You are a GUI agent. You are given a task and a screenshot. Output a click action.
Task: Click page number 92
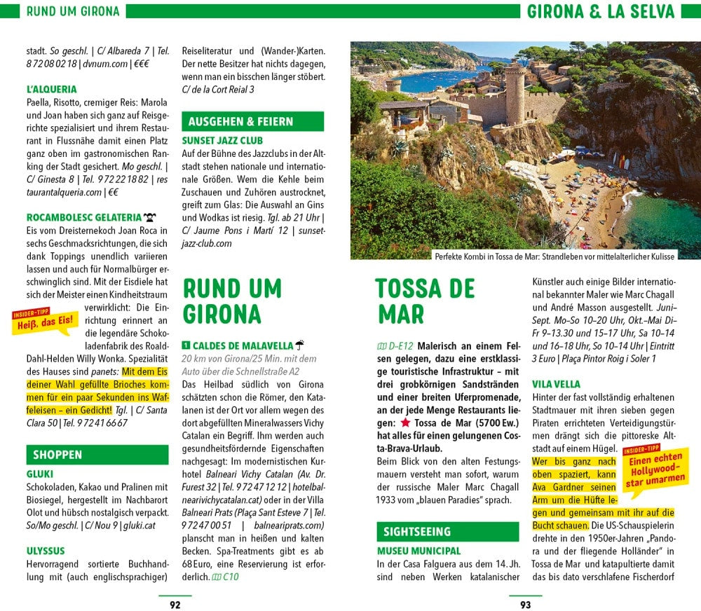[x=175, y=605]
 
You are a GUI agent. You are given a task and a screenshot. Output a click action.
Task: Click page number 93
[x=525, y=605]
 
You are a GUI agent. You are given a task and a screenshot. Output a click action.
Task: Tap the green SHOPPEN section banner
[x=97, y=455]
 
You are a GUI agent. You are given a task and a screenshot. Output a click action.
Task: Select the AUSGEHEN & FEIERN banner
[x=252, y=121]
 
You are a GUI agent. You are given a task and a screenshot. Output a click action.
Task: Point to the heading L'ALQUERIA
[x=51, y=90]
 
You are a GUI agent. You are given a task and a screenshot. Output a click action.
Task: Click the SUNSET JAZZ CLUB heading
[x=222, y=140]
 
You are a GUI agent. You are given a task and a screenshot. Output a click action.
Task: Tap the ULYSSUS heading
[x=46, y=551]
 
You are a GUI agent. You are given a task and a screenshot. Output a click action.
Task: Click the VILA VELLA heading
[x=557, y=384]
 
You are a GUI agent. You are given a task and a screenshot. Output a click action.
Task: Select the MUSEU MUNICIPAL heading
[x=419, y=551]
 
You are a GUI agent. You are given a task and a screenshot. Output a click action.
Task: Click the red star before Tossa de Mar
[x=405, y=423]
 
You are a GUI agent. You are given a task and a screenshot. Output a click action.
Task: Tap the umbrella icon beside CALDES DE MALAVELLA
[x=300, y=345]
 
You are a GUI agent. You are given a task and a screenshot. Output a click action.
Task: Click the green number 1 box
[x=186, y=345]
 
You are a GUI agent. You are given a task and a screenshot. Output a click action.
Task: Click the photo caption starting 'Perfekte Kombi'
[x=554, y=256]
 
